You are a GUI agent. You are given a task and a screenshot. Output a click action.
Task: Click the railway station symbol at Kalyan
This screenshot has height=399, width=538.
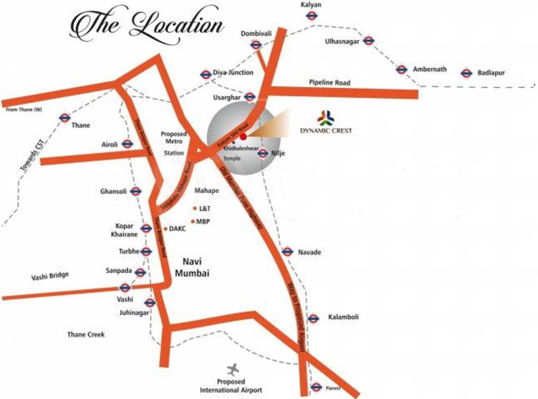(311, 16)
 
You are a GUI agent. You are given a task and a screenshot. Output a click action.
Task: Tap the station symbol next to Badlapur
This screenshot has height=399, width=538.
(466, 73)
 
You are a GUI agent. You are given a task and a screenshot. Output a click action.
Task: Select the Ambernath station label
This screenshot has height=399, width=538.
(430, 70)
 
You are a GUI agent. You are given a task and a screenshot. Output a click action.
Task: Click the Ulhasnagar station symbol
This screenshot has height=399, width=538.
(369, 41)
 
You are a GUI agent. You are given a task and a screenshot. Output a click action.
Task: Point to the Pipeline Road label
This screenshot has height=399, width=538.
(329, 83)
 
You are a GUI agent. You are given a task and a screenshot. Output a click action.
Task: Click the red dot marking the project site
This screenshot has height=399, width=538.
(243, 136)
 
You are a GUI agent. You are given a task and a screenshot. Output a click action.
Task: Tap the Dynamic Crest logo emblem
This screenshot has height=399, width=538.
(326, 118)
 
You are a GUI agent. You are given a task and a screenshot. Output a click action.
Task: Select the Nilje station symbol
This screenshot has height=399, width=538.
(263, 153)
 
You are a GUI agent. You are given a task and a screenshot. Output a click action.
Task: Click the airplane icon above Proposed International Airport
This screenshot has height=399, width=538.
(233, 370)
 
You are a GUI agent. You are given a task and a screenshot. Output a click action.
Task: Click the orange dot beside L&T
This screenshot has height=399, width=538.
(195, 208)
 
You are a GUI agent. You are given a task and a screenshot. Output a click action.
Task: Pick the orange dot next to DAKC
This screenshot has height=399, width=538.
(165, 229)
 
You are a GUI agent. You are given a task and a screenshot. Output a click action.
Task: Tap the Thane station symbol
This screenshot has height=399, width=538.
(64, 118)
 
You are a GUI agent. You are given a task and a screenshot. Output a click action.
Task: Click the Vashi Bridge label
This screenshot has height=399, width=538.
(50, 275)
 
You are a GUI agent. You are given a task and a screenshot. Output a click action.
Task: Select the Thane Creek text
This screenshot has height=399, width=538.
(86, 335)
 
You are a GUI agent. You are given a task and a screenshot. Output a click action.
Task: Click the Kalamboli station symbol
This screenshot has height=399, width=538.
(313, 318)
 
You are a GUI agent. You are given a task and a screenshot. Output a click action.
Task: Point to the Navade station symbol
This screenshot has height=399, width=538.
(287, 252)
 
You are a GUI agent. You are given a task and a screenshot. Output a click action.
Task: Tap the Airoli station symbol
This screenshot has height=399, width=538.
(127, 144)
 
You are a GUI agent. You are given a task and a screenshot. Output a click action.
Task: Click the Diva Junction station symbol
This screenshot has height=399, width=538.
(206, 74)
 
